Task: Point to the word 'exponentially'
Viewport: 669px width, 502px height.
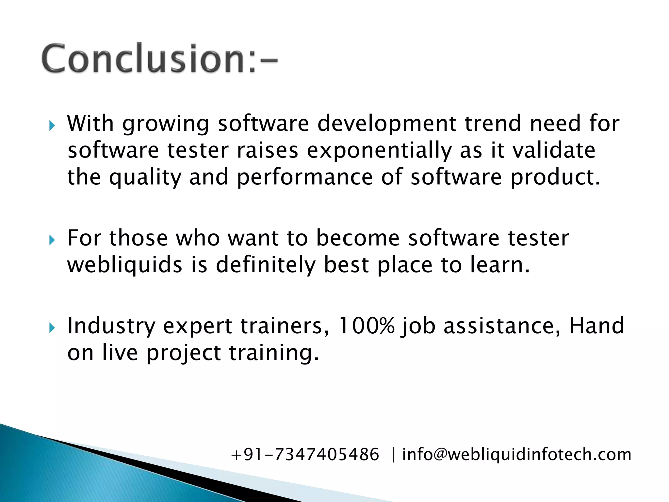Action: tap(379, 151)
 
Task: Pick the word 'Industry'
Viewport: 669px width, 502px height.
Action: tap(111, 326)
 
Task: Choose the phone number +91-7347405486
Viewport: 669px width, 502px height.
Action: tap(305, 455)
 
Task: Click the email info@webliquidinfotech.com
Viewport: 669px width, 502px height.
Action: tap(516, 455)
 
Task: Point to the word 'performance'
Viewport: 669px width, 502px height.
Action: tap(304, 178)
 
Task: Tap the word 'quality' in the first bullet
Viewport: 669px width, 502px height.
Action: tap(145, 178)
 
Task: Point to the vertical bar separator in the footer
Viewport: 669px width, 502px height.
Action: tap(393, 455)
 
